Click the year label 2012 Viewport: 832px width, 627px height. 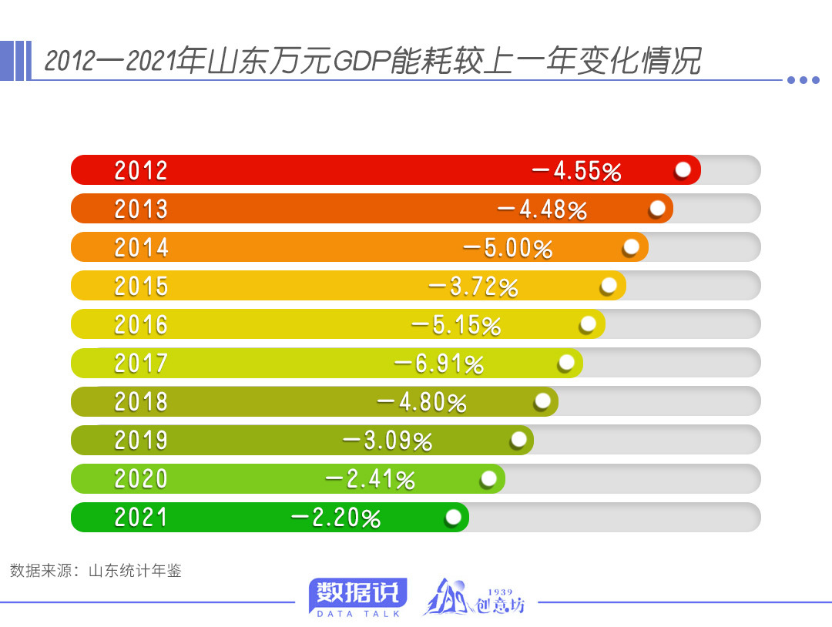[141, 170]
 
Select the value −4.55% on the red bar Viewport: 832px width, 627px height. [576, 171]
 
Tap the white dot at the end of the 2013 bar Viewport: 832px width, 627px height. [657, 209]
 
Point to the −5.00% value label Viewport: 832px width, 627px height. [508, 248]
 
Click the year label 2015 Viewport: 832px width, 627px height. [141, 287]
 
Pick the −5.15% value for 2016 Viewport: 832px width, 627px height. [456, 325]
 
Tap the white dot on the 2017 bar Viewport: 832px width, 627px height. [566, 363]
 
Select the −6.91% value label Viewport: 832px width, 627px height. [438, 364]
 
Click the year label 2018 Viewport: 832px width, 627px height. [141, 402]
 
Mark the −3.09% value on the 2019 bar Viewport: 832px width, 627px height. [387, 441]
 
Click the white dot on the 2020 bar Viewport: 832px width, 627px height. [488, 478]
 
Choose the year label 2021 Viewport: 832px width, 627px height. [141, 518]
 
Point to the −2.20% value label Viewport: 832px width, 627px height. [335, 518]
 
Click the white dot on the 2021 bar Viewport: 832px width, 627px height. [453, 517]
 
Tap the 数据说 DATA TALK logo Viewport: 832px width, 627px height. [357, 598]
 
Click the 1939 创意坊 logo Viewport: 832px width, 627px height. [474, 598]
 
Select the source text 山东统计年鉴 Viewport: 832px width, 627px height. [135, 572]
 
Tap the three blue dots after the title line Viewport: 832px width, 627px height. [803, 80]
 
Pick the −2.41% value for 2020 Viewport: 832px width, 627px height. [370, 479]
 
